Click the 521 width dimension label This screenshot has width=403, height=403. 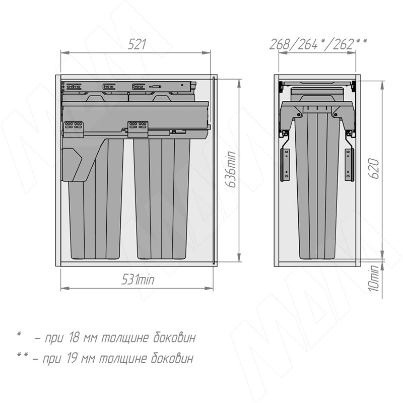tap(137, 44)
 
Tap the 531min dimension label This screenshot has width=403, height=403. tap(138, 280)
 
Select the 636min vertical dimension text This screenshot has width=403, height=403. tap(230, 169)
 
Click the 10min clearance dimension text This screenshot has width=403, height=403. tap(374, 278)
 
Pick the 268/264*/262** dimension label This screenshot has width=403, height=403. tap(318, 44)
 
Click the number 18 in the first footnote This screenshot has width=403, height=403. tap(74, 338)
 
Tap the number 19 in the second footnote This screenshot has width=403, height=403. tap(72, 358)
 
